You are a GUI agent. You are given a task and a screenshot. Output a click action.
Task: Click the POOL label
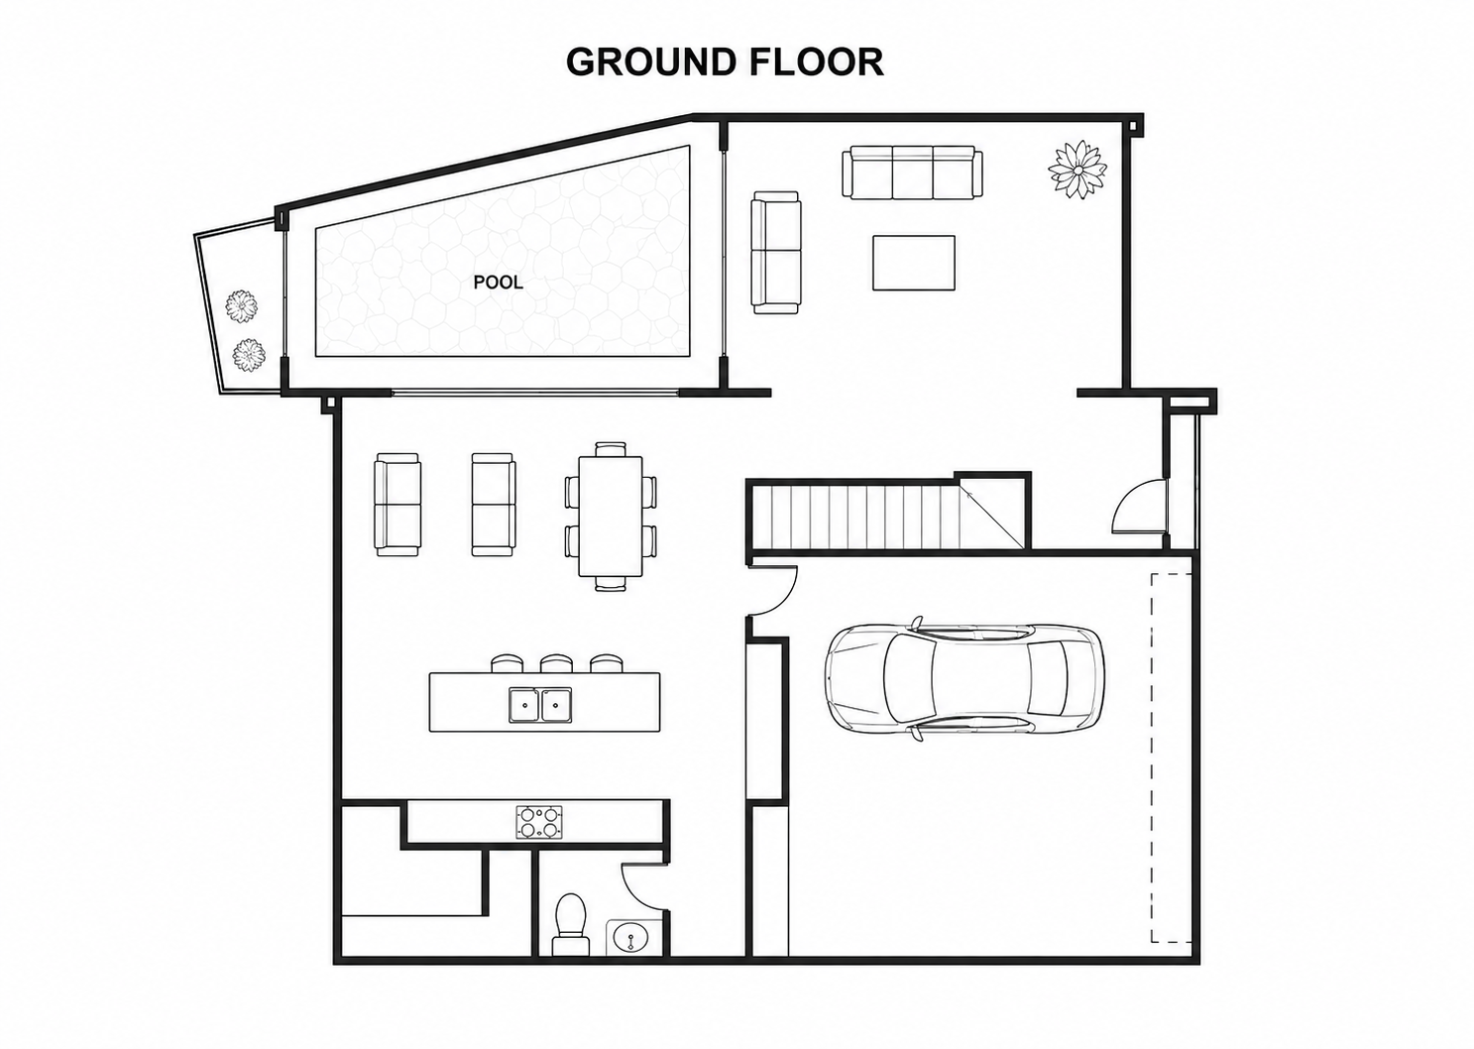tap(499, 283)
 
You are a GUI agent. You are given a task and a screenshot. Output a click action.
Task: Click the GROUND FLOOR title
tap(725, 61)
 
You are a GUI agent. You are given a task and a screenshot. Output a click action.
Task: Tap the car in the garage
tap(964, 678)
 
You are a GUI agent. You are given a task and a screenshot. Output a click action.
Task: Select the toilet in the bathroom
tap(571, 924)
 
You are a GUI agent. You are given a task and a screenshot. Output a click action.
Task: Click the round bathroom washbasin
tap(631, 936)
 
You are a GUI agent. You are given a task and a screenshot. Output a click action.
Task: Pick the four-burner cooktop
tap(539, 823)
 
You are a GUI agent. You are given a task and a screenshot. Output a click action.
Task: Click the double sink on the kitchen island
tap(540, 705)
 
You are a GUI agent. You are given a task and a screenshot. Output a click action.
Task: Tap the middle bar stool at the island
tap(556, 663)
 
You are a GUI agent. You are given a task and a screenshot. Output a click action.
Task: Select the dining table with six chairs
tap(611, 517)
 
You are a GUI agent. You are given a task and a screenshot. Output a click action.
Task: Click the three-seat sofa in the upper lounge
tap(912, 172)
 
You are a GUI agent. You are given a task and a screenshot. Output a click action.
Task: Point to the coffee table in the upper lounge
tap(913, 263)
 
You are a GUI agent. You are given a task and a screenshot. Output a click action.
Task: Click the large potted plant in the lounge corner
tap(1077, 170)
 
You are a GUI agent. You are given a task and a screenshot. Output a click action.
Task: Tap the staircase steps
tap(855, 517)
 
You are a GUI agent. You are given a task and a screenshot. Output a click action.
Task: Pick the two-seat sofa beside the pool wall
tap(776, 253)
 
